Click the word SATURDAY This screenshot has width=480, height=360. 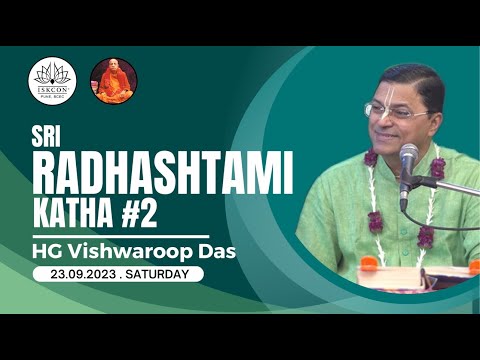pyautogui.click(x=163, y=273)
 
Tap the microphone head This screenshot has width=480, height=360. pyautogui.click(x=408, y=159)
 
